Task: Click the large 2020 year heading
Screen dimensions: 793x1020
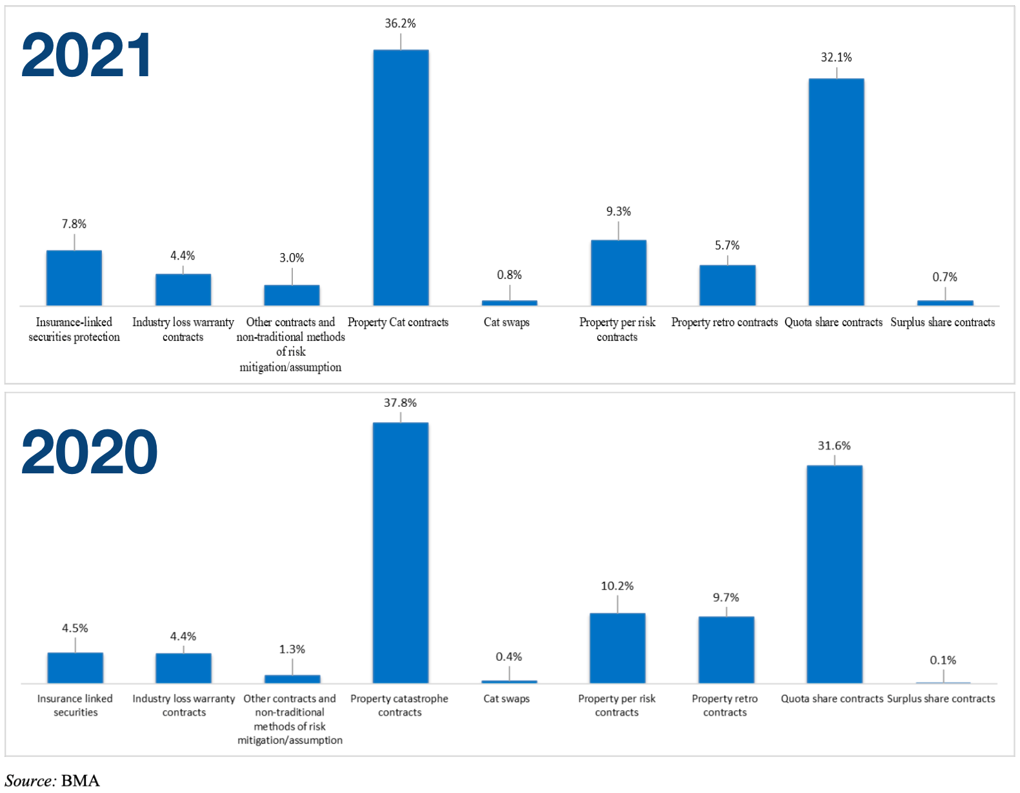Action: tap(89, 453)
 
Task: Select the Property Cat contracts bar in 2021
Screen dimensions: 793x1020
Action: tap(401, 178)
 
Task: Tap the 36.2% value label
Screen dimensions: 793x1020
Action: tap(400, 24)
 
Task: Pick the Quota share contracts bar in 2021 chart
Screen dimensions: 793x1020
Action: tap(836, 192)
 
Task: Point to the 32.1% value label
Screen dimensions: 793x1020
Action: tap(836, 57)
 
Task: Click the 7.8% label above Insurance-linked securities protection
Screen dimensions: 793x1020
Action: tap(74, 224)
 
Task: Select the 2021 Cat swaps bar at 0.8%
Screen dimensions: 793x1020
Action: tap(509, 302)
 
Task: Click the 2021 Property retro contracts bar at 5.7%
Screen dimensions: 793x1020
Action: tap(727, 285)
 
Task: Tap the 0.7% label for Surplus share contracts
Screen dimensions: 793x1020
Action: tap(945, 277)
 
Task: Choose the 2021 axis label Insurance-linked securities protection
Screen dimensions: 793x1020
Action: tap(74, 329)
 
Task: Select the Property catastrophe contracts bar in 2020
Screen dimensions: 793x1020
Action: tap(400, 553)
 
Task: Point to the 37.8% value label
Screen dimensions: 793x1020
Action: tap(400, 403)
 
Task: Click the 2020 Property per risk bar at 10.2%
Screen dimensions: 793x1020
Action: tap(617, 648)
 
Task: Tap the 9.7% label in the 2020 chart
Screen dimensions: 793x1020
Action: tap(726, 598)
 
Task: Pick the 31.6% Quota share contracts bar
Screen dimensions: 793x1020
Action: tap(834, 574)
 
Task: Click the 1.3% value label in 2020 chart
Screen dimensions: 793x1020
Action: tap(292, 650)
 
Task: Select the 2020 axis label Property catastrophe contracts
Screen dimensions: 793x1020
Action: tap(399, 705)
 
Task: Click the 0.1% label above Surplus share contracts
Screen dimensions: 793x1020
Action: tap(943, 661)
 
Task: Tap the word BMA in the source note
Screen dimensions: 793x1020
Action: tap(81, 781)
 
